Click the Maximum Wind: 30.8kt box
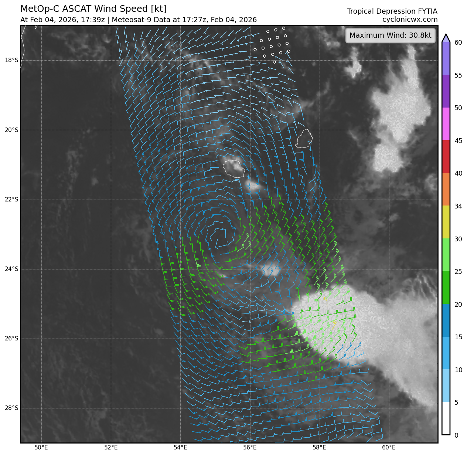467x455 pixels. click(x=390, y=35)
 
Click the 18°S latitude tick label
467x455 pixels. click(x=11, y=60)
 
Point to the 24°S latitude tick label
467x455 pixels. click(x=11, y=269)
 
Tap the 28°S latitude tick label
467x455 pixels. click(x=11, y=408)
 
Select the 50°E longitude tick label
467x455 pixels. click(x=41, y=448)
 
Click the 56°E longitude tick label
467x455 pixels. click(x=250, y=448)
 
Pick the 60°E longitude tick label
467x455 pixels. click(x=389, y=448)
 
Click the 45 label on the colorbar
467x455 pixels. click(x=458, y=140)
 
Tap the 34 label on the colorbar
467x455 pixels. click(x=458, y=206)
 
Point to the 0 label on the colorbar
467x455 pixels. click(x=456, y=435)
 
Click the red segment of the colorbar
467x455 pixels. click(x=446, y=157)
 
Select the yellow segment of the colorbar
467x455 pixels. click(x=446, y=222)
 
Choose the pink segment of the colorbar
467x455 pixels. click(x=446, y=124)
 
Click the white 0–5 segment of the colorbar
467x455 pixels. click(x=446, y=418)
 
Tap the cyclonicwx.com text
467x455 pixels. click(x=410, y=20)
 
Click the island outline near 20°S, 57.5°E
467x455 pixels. click(x=304, y=139)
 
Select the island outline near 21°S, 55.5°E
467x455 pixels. click(x=234, y=169)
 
